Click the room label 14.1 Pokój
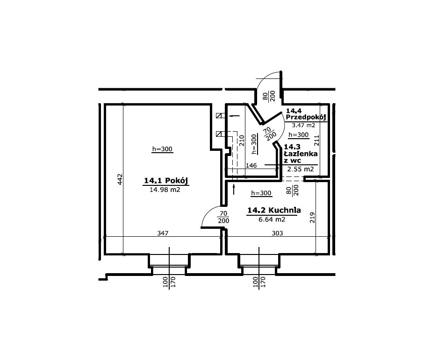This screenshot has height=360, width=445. [x=166, y=181]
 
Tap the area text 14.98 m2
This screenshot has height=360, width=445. [x=165, y=190]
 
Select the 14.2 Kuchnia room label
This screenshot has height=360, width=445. [x=274, y=210]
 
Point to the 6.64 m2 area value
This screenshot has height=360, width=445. [x=272, y=219]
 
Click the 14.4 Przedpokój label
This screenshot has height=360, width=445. [x=306, y=114]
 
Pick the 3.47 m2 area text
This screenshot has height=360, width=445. [x=304, y=125]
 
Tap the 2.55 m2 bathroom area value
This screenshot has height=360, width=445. [x=301, y=169]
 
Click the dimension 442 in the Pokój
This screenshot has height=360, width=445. [x=120, y=179]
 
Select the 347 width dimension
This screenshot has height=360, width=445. [x=163, y=233]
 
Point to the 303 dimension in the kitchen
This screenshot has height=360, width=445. [x=277, y=233]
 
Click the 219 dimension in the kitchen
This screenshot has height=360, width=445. [x=312, y=218]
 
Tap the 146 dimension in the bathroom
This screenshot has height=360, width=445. [x=251, y=165]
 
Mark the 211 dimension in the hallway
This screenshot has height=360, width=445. [x=317, y=141]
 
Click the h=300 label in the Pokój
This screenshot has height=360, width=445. [x=162, y=149]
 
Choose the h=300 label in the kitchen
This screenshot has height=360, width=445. [x=261, y=193]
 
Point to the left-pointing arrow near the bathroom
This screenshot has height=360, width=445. [x=234, y=116]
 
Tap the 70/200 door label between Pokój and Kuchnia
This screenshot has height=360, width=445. [x=223, y=217]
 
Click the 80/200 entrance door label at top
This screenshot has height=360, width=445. [x=269, y=96]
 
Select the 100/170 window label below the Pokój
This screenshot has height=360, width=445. [x=169, y=282]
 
